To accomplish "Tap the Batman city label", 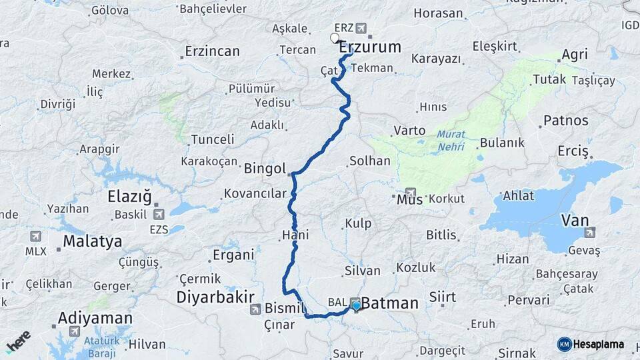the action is point(391,303).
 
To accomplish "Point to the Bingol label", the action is point(265,167).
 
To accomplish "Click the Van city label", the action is point(575,219).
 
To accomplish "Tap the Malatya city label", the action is point(93,241).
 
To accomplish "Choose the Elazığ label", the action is point(130,197).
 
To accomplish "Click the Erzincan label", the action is point(212,51).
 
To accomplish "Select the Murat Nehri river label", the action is point(451,140).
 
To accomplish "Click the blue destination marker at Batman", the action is point(357,306).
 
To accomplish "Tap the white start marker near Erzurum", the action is point(335,38).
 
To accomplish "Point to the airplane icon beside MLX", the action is point(35,236).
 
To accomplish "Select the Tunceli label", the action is point(213,139).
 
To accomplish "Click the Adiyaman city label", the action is point(95,318).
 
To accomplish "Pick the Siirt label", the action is point(443,296).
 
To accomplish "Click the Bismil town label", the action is point(285,308).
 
